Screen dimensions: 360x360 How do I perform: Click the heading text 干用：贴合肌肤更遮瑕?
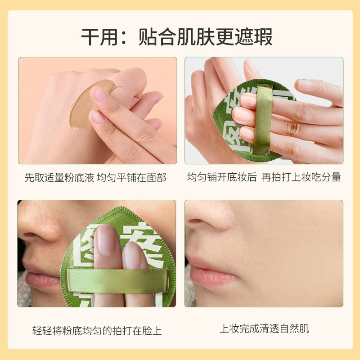[x=177, y=37]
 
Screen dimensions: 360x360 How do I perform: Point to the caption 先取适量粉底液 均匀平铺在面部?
[x=95, y=178]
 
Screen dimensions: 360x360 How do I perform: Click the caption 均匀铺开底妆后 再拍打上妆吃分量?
[x=264, y=177]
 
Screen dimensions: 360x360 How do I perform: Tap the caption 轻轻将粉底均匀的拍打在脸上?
[x=97, y=331]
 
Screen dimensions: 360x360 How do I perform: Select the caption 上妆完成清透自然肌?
[x=264, y=328]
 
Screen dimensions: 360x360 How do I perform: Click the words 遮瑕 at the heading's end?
[x=254, y=37]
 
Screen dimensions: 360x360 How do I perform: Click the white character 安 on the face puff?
[x=142, y=239]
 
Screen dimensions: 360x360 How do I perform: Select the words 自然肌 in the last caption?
[x=294, y=328]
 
